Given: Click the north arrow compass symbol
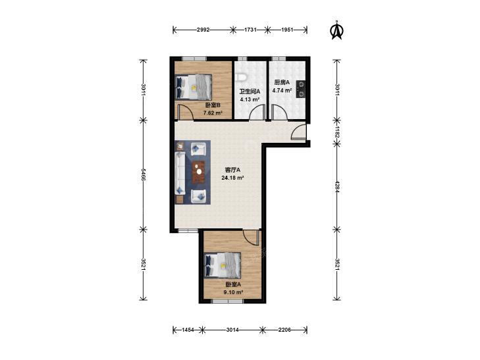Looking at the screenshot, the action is (337, 30).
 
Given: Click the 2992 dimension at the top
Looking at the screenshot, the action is (203, 30).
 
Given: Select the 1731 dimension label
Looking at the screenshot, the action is (250, 30).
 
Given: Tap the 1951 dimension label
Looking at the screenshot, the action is (287, 30).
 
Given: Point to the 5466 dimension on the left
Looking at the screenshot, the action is (143, 174).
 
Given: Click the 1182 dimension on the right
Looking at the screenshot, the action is (337, 131).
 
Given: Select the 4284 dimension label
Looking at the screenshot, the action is (337, 186).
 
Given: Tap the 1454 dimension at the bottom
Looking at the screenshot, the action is (188, 330).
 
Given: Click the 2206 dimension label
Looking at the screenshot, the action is (284, 330).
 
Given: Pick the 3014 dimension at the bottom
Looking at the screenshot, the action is (232, 330).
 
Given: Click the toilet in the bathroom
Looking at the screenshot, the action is (242, 77).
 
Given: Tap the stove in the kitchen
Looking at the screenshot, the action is (301, 89).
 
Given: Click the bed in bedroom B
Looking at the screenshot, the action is (194, 87).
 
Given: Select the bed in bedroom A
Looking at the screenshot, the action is (223, 265).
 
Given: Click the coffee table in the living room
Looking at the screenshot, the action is (198, 172).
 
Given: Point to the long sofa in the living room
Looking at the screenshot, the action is (180, 173).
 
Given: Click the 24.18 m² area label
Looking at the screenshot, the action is (232, 178).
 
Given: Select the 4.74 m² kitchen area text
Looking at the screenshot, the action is (282, 91).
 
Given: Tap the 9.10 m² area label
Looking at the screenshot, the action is (233, 292).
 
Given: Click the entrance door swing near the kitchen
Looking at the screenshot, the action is (298, 132).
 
